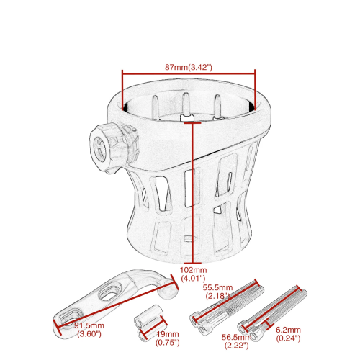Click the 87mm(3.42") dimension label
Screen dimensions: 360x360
pos(189,67)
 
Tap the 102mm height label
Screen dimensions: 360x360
pos(194,270)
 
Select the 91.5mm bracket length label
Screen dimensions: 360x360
pos(89,325)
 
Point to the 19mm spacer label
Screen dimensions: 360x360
pos(168,334)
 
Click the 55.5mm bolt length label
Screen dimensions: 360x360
pos(217,287)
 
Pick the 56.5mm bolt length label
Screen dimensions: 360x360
pos(236,337)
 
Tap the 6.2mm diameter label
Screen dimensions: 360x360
pos(288,330)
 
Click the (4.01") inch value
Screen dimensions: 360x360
pos(193,279)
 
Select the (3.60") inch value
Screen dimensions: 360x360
pos(89,334)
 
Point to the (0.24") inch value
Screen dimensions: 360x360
pos(288,338)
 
